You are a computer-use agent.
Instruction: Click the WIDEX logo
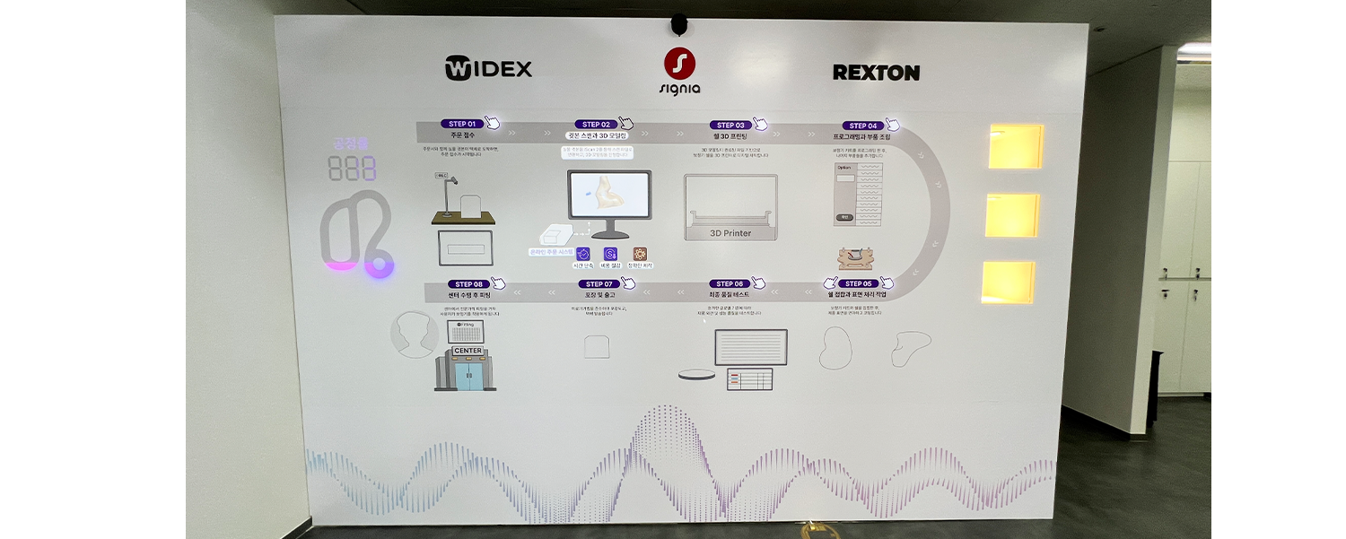click(x=488, y=68)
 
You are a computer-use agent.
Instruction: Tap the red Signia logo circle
click(x=680, y=64)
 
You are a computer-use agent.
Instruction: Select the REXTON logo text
click(x=876, y=73)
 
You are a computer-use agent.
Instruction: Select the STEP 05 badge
click(x=856, y=283)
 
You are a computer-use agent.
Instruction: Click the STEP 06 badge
click(x=729, y=283)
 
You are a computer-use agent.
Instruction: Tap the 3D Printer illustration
click(x=730, y=208)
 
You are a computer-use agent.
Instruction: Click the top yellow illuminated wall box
click(x=1015, y=146)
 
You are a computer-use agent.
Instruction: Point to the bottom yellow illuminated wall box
click(x=1008, y=282)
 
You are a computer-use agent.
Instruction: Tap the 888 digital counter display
click(x=352, y=169)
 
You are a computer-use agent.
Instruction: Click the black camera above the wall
click(x=679, y=22)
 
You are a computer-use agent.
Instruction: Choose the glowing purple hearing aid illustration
click(x=355, y=238)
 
